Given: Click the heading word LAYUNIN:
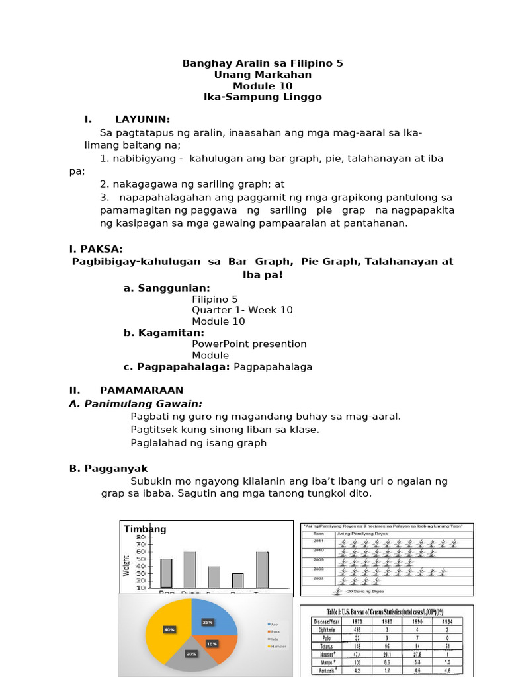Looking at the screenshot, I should coord(142,120).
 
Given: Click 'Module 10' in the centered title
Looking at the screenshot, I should coord(263,86).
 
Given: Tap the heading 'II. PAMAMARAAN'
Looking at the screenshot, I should coord(126,391).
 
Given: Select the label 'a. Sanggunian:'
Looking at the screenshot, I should coord(167,288).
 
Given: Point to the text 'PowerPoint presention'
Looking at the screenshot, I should coord(249,344).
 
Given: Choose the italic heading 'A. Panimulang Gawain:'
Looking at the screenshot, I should coord(136,404).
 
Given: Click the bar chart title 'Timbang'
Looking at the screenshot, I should coord(145,529).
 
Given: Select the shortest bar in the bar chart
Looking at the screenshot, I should coord(237,580).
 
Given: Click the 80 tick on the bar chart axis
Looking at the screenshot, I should coord(141,538).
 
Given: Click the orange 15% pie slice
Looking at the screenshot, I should coord(215,643).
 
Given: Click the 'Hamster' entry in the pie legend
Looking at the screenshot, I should coord(276,645).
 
